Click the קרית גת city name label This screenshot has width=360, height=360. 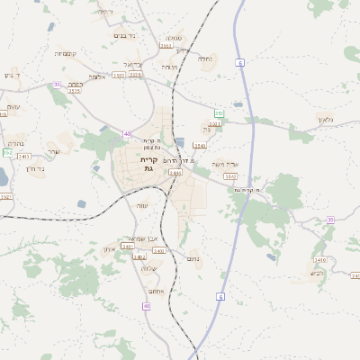[x=148, y=164]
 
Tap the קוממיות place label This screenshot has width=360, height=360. [x=65, y=53]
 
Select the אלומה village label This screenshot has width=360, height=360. [x=98, y=77]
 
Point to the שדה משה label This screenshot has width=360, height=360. [x=223, y=165]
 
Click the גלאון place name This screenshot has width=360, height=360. [x=325, y=120]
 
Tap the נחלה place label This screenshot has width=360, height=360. [x=205, y=59]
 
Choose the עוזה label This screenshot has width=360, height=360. [x=141, y=206]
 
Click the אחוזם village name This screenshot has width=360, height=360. [x=154, y=291]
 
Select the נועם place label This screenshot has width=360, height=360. [x=193, y=261]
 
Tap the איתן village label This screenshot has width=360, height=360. [x=109, y=248]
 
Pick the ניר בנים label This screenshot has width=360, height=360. [x=125, y=35]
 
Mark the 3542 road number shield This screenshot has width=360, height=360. [x=231, y=176]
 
